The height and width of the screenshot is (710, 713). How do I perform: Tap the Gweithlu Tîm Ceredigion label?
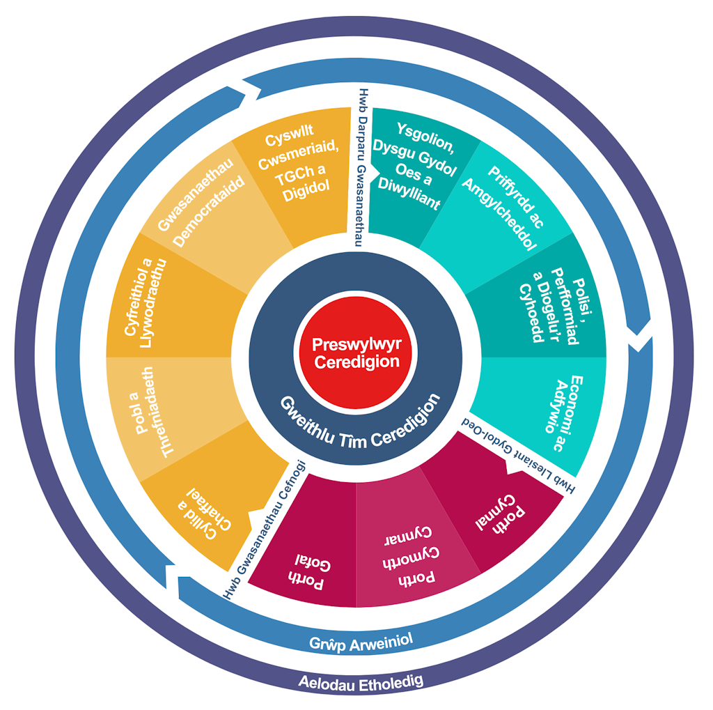[x=361, y=424]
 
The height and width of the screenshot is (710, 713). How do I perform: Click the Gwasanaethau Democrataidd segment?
[x=202, y=201]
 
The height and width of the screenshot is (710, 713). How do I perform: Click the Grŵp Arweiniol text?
[x=356, y=640]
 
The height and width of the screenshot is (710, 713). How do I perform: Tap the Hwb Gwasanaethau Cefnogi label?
[x=264, y=529]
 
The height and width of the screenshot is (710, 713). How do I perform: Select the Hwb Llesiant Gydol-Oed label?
[x=519, y=456]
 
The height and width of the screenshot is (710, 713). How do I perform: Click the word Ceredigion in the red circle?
[x=356, y=362]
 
